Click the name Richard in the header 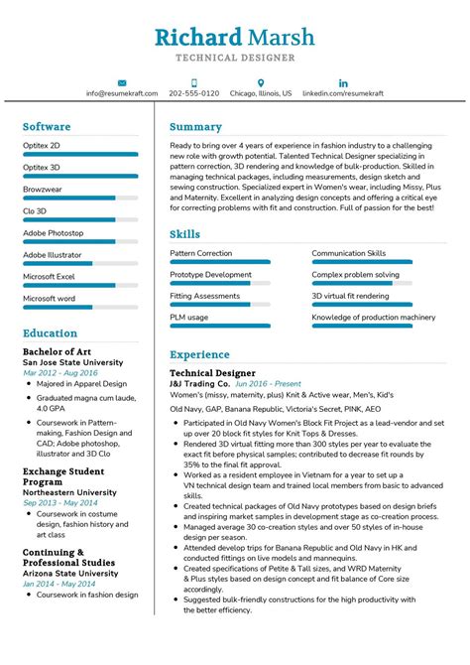[x=197, y=38]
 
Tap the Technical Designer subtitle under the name [x=235, y=60]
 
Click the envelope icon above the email [x=121, y=82]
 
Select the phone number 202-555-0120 [x=194, y=93]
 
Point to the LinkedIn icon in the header [x=343, y=82]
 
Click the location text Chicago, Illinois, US [x=261, y=93]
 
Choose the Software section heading [x=47, y=127]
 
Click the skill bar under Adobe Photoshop [x=68, y=241]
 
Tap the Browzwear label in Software [x=43, y=189]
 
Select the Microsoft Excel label [x=49, y=276]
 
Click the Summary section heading [x=195, y=127]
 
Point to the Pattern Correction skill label [x=201, y=253]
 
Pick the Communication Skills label [x=348, y=253]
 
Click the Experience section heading [x=199, y=354]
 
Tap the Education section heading [x=50, y=333]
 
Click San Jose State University [x=73, y=362]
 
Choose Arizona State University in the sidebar [x=71, y=573]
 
